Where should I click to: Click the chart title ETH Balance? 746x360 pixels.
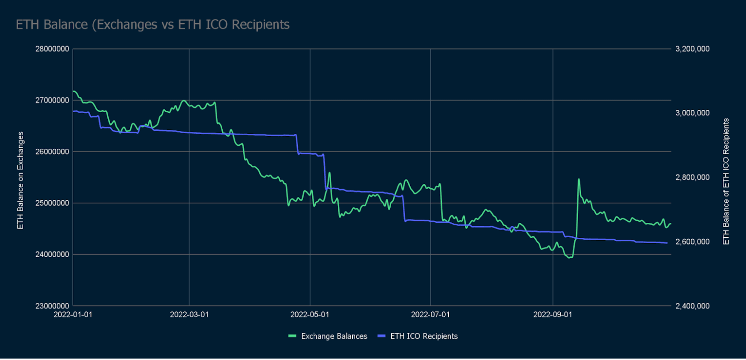point(153,25)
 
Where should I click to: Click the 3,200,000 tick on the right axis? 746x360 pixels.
point(693,49)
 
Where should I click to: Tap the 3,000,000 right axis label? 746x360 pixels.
point(693,113)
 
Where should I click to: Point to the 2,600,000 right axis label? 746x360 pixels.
point(693,242)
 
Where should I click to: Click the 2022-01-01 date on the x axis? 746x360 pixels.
point(73,315)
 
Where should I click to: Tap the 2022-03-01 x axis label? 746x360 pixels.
point(189,315)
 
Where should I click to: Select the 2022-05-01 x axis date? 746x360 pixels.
point(310,315)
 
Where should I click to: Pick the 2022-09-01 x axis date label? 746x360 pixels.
point(553,315)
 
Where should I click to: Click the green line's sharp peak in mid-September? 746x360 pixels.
point(579,179)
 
